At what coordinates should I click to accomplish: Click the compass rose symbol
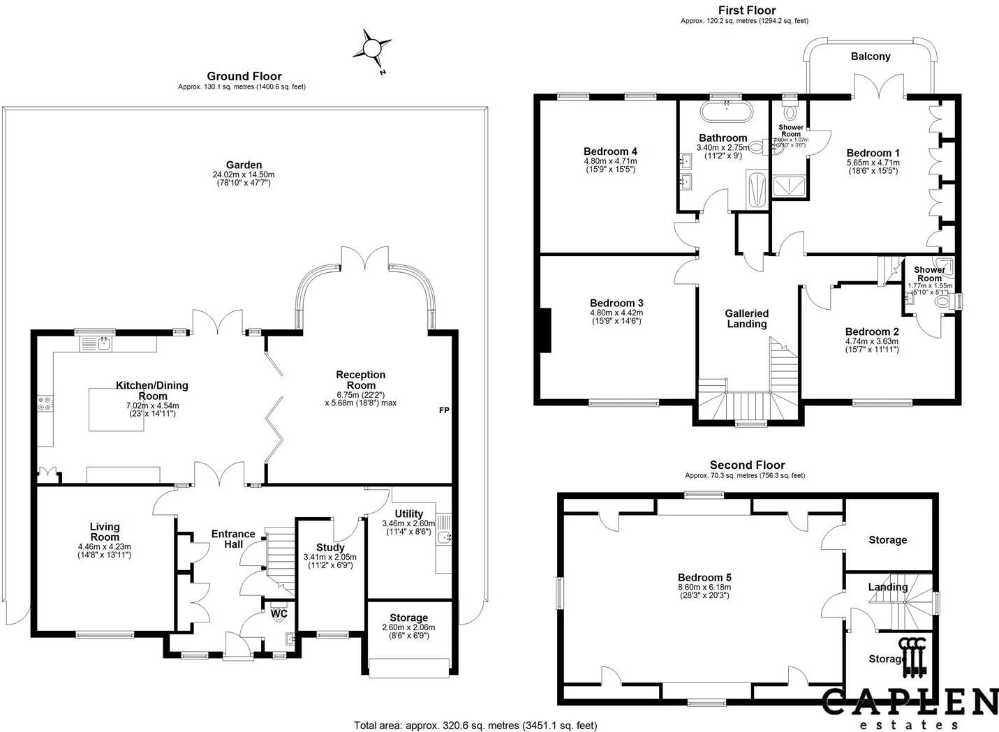[x=371, y=48]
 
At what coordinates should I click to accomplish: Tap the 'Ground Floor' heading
[x=244, y=76]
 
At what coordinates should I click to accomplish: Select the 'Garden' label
[x=244, y=165]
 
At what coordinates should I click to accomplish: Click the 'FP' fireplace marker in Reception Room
[x=443, y=410]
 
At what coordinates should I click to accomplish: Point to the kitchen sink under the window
[x=103, y=343]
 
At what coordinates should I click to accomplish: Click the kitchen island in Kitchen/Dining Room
[x=117, y=410]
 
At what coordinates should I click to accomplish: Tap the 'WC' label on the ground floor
[x=279, y=614]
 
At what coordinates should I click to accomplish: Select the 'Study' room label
[x=330, y=547]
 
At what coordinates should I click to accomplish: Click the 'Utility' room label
[x=408, y=514]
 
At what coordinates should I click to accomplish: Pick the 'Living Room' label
[x=105, y=532]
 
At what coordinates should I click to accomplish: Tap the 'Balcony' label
[x=871, y=57]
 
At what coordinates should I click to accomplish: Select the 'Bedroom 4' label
[x=610, y=151]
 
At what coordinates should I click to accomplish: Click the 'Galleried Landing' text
[x=746, y=319]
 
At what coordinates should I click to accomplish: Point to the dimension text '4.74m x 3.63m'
[x=871, y=341]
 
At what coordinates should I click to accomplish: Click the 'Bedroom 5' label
[x=704, y=577]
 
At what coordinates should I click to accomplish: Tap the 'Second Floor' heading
[x=747, y=465]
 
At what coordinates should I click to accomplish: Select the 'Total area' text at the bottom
[x=475, y=726]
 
